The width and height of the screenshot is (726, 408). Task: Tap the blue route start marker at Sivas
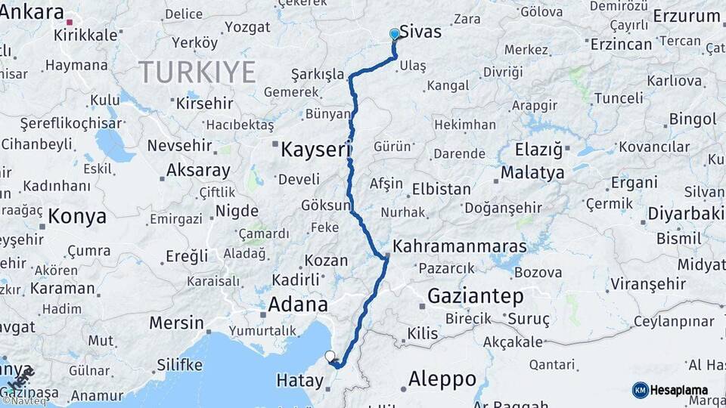click(394, 34)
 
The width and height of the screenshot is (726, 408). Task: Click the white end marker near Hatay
click(329, 355)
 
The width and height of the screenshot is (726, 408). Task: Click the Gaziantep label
click(475, 296)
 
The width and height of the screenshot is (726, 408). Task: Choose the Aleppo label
click(442, 379)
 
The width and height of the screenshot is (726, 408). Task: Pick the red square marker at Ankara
click(70, 23)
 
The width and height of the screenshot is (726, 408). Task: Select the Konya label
click(77, 217)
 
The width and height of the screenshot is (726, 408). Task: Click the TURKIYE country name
click(197, 73)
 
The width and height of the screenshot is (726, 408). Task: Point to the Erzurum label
click(687, 16)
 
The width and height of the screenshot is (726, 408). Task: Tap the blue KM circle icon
click(640, 390)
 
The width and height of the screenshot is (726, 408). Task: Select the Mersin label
click(176, 323)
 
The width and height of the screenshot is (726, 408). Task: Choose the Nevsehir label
click(178, 145)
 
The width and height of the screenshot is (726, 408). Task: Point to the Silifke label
click(179, 365)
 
